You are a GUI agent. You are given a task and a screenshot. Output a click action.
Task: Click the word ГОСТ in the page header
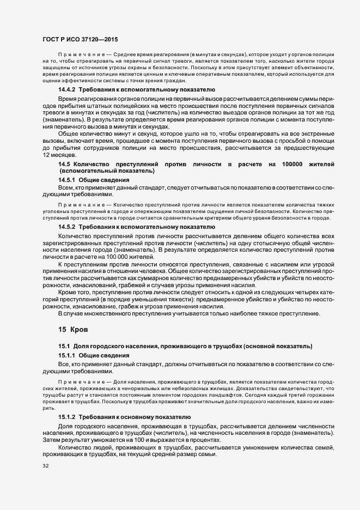coord(52,40)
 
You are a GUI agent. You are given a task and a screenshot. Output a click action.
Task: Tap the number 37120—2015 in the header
coord(100,40)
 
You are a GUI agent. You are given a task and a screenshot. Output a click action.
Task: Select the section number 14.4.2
coord(67,89)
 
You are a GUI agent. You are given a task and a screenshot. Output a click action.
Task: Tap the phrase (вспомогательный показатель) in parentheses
coord(107,171)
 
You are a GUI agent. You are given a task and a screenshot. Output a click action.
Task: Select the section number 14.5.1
coord(67,179)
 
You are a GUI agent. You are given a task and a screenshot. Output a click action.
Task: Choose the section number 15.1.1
coord(67,355)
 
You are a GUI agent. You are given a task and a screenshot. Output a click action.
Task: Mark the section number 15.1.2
coord(67,416)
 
